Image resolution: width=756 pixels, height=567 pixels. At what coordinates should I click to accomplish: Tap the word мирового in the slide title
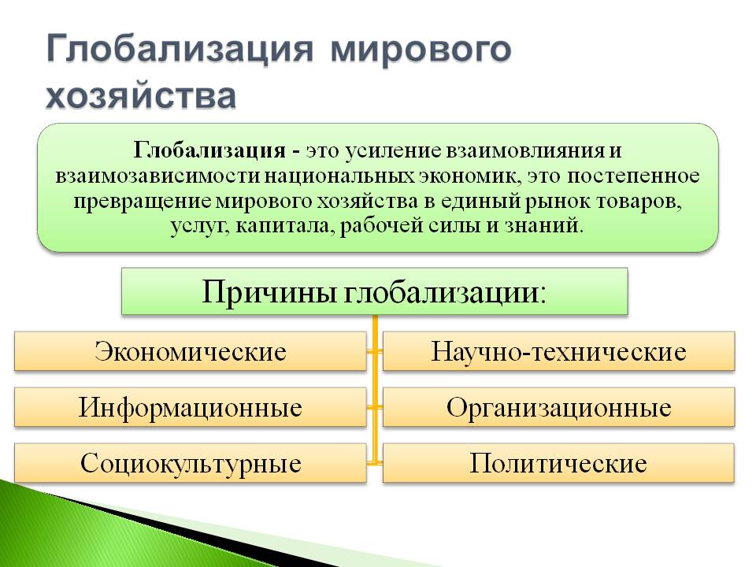click(421, 49)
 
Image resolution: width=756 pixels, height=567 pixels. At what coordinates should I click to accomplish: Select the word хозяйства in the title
click(141, 95)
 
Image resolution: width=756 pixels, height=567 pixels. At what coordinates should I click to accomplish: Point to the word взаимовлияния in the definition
click(524, 150)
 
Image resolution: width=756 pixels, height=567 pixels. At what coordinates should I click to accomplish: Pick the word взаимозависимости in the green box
click(157, 176)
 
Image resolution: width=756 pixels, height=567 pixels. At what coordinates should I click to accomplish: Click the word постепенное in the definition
click(633, 176)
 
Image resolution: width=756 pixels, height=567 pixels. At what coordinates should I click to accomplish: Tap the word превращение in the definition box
click(143, 202)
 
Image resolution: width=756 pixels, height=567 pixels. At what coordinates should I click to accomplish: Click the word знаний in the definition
click(544, 226)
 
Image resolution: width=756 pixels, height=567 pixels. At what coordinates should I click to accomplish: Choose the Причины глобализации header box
click(375, 291)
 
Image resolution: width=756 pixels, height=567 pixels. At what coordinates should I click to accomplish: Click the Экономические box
click(191, 351)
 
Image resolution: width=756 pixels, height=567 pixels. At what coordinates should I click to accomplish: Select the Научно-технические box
click(559, 351)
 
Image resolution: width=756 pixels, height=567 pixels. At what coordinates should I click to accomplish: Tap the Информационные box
click(191, 407)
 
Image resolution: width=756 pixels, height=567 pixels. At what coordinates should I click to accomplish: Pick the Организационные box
click(559, 407)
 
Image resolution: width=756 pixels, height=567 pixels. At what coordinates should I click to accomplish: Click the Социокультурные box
click(191, 463)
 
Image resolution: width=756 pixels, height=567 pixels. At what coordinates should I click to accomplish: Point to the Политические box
click(559, 463)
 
